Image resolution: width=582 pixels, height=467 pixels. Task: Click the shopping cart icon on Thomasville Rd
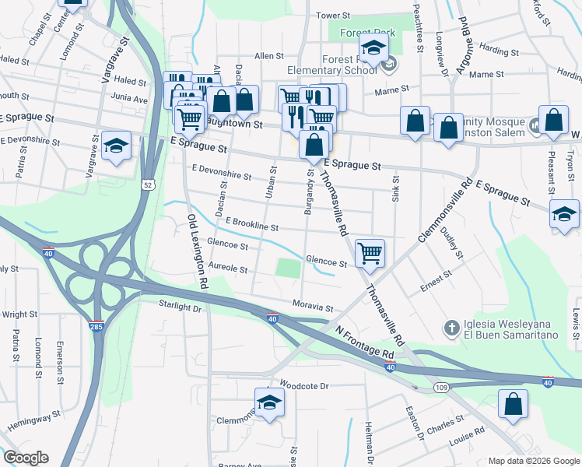coord(370,252)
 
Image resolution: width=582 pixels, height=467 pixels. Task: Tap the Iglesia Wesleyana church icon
coord(451,328)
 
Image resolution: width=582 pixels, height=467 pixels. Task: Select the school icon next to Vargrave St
coord(116,146)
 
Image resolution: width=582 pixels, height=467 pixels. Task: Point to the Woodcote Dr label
coord(305,385)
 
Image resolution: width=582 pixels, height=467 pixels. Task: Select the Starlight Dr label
coord(180,307)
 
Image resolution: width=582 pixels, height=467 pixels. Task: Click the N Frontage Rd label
coord(365,342)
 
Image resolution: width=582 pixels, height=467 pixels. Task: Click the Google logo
coord(26,458)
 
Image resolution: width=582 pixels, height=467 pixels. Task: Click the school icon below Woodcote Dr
coord(269,403)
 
